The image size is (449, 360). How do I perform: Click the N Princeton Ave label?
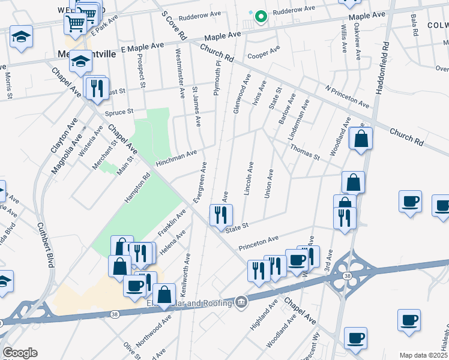click(347, 96)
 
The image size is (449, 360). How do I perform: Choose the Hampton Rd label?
click(137, 187)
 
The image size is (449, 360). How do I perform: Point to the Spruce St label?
click(118, 112)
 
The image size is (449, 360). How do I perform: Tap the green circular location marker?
click(261, 17)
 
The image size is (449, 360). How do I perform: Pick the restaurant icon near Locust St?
click(96, 89)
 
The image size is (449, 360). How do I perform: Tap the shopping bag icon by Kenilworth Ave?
click(164, 295)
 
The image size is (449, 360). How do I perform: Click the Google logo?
click(20, 353)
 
